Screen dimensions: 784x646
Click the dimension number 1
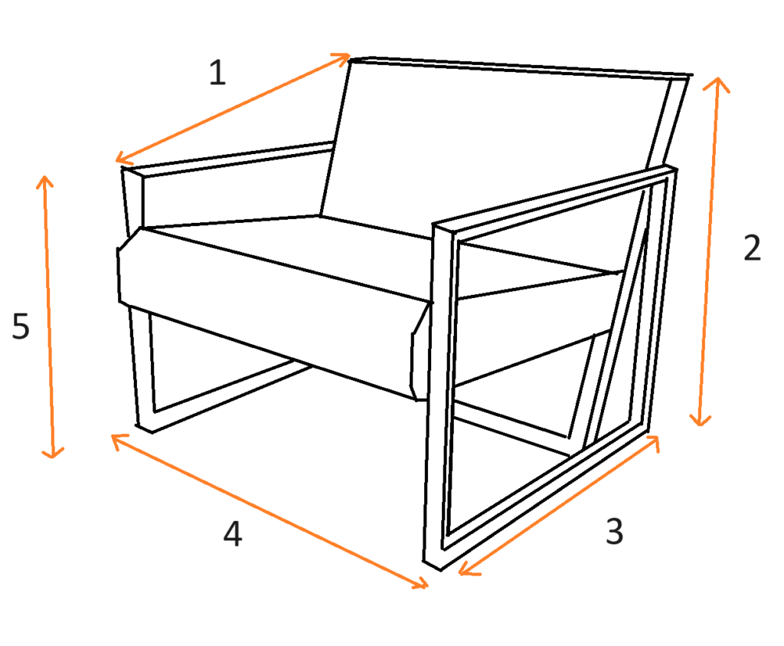tap(217, 73)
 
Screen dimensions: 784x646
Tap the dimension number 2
tap(752, 248)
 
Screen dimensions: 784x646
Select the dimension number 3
tap(615, 531)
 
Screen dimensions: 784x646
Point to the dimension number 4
tap(233, 533)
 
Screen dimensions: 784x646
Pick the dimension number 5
tap(21, 326)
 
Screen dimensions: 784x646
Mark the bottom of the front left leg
tap(145, 429)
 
